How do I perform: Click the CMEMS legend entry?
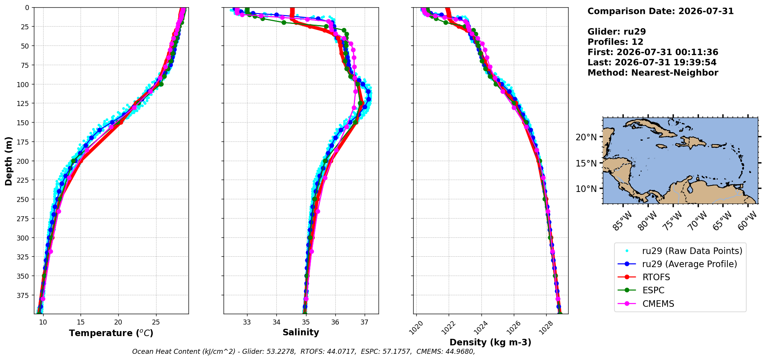point(658,304)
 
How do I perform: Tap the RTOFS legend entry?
point(656,277)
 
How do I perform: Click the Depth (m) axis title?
point(8,161)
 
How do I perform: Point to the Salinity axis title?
point(301,332)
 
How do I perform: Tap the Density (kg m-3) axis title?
point(490,342)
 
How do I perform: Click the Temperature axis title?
point(111,333)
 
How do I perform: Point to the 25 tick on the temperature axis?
point(156,322)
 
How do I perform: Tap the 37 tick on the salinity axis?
point(364,322)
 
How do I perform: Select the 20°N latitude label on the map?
point(586,137)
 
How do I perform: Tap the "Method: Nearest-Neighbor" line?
point(653,73)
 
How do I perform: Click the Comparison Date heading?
point(660,11)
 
